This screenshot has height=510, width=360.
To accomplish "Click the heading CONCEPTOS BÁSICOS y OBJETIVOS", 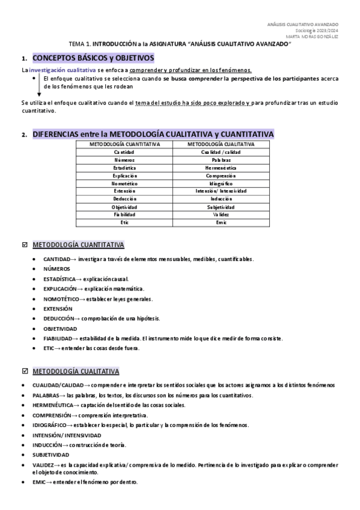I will click(x=93, y=58).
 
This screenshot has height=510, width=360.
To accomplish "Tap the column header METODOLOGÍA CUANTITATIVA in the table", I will click(x=124, y=144).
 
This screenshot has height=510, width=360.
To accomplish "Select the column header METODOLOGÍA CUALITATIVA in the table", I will click(x=221, y=144).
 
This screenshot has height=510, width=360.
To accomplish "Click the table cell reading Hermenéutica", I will click(x=221, y=168).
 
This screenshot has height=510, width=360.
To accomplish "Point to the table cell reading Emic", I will click(x=221, y=223).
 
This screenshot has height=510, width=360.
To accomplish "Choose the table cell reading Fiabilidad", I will click(x=124, y=215).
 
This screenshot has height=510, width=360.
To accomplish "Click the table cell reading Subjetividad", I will click(x=221, y=207).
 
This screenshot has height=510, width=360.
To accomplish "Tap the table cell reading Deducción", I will click(x=124, y=199).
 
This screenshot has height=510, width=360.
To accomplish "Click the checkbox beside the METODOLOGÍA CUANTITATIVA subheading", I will click(x=24, y=245).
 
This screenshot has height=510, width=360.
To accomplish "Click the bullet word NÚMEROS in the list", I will click(x=56, y=269).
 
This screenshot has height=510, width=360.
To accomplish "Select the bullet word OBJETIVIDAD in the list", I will click(x=60, y=329).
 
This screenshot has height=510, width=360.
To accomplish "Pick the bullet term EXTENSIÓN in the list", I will click(x=58, y=309).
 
